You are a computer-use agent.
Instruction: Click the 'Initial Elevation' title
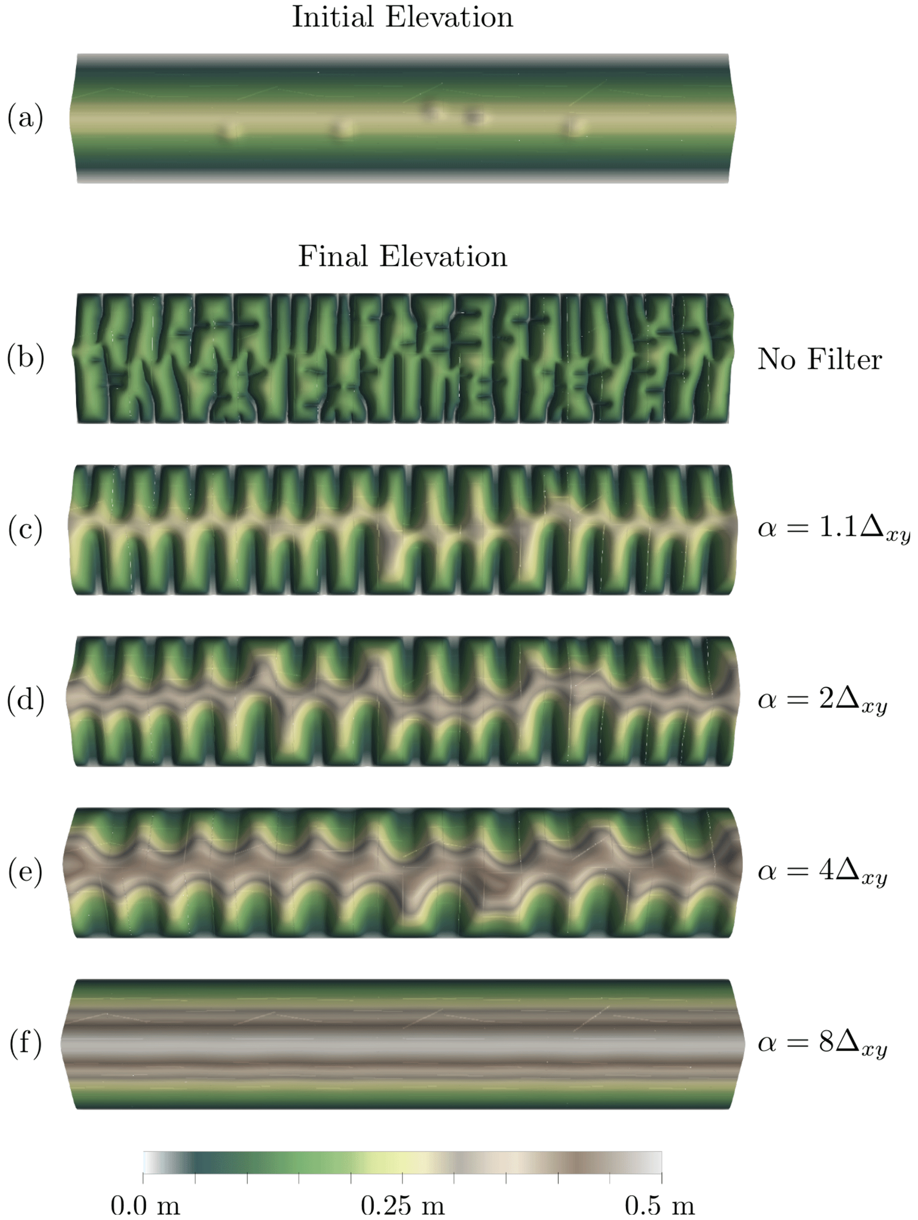402,17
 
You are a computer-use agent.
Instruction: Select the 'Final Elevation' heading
402,256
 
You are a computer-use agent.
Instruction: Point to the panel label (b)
25,358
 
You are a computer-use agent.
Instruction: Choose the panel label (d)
25,701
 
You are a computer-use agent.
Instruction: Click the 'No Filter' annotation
819,359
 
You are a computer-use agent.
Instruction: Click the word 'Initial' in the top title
333,17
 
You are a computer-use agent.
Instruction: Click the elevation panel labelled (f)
402,1044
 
